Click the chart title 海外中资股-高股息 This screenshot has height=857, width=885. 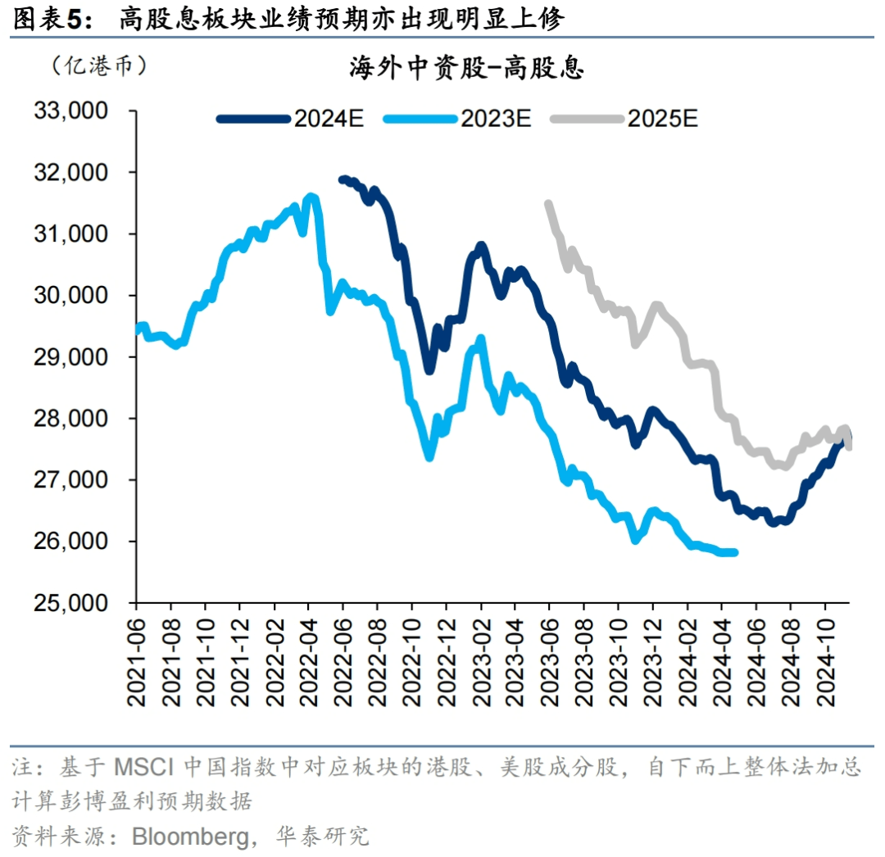click(466, 69)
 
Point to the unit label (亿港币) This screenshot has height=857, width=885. click(98, 66)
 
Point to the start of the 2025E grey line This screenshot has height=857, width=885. click(548, 203)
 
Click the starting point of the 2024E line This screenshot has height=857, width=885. click(343, 179)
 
